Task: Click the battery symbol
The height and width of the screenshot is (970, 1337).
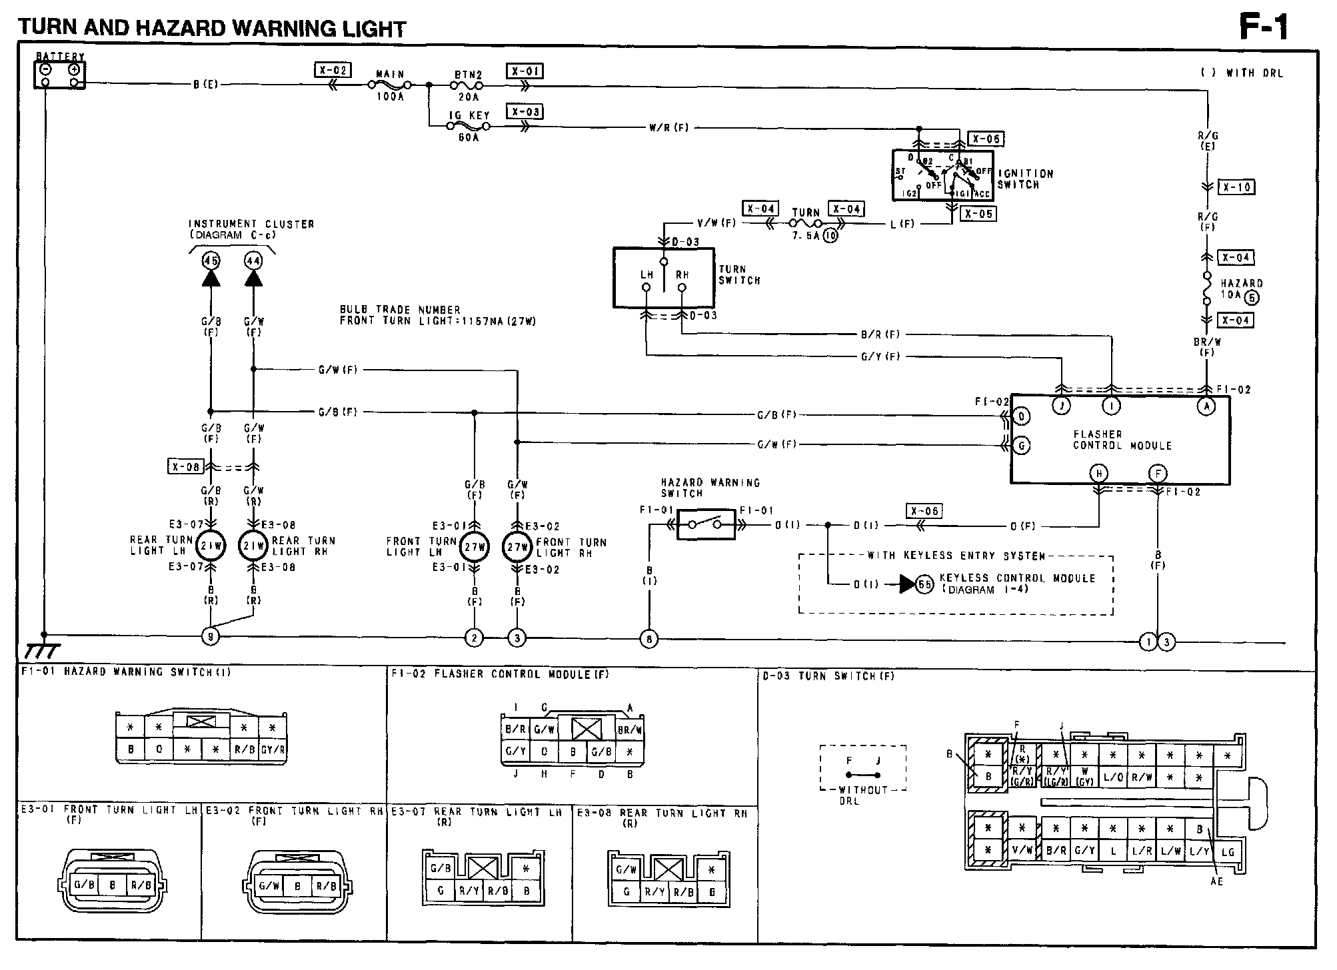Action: [59, 75]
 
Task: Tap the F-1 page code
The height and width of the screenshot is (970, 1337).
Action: [1264, 28]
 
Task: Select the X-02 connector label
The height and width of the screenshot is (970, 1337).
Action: [332, 70]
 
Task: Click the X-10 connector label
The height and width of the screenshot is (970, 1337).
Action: [1236, 187]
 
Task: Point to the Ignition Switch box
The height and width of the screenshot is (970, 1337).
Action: [942, 175]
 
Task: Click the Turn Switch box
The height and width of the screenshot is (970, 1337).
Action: [663, 278]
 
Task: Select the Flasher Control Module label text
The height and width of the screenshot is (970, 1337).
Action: [1122, 440]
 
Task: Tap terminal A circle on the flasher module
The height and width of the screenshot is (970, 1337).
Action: [1206, 406]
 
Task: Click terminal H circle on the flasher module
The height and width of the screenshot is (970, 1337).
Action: [1098, 474]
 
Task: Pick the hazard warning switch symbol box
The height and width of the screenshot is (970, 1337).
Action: [706, 524]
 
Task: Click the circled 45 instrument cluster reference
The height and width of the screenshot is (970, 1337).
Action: [211, 260]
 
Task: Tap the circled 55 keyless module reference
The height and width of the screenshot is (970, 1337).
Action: [925, 584]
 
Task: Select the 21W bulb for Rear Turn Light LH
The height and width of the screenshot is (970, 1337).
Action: [211, 546]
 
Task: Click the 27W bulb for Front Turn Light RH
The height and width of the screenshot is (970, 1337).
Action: [517, 547]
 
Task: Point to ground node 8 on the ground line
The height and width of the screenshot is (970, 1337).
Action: [649, 640]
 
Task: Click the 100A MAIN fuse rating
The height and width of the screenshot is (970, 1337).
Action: [390, 97]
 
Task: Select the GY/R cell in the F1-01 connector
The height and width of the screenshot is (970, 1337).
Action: [273, 749]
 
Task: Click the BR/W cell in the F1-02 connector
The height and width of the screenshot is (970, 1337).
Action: [630, 729]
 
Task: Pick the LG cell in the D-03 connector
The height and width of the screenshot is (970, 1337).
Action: [1227, 852]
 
